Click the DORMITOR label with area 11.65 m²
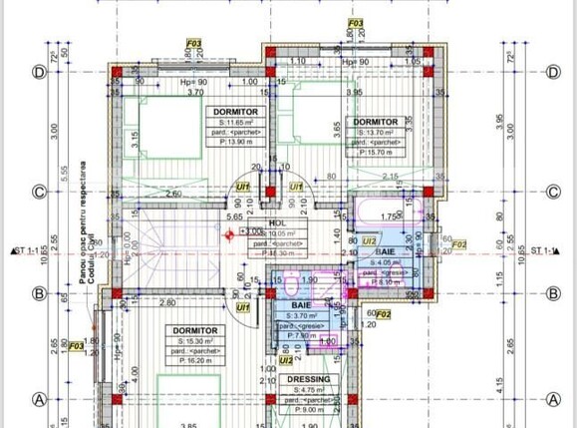pyautogui.click(x=235, y=111)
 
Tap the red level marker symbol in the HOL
pyautogui.click(x=229, y=234)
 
